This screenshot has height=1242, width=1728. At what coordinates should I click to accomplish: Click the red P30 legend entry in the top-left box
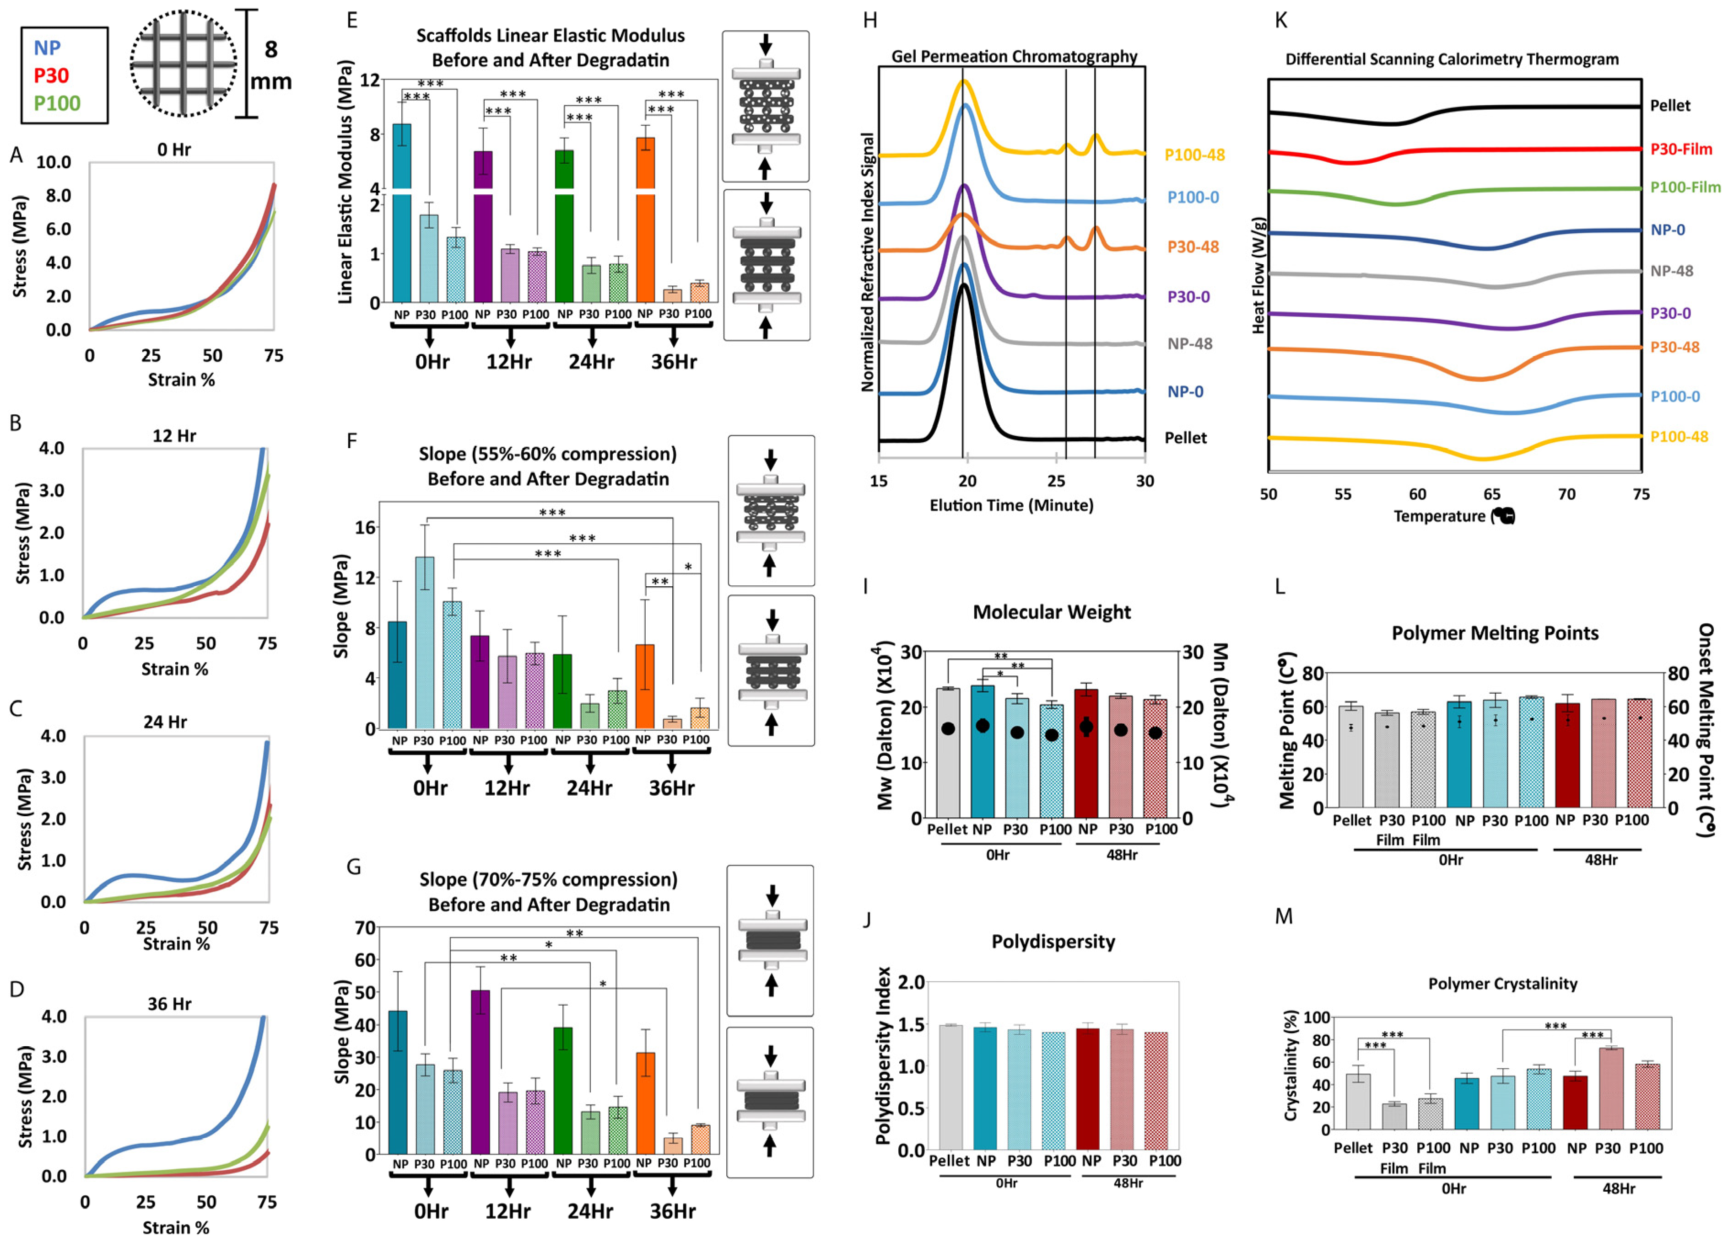51,75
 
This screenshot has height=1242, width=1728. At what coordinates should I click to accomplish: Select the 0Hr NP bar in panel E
401,213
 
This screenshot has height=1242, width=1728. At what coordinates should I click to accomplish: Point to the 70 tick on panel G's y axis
365,927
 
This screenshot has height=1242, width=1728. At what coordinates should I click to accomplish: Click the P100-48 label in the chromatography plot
1194,155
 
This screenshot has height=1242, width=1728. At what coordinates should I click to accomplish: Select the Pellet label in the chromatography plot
1186,438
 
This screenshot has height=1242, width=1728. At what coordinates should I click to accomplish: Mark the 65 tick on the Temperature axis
1492,494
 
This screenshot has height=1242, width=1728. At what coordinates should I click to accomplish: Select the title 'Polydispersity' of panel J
1053,942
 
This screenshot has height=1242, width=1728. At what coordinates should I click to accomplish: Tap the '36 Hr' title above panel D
169,1004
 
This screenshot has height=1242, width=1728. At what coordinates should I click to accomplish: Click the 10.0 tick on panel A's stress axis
54,162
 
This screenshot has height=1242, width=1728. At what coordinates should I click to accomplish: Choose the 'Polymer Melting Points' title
1495,633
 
